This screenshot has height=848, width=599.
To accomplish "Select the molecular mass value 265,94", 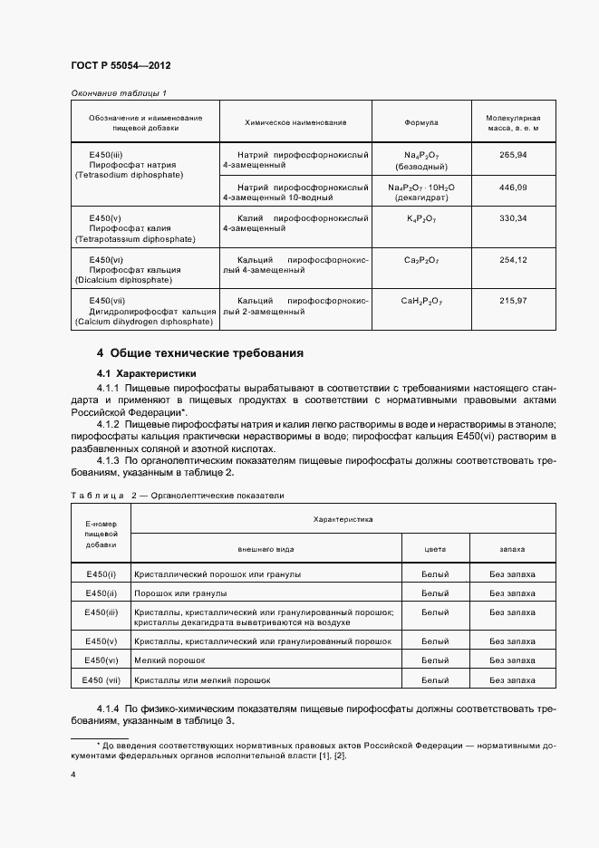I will click(x=513, y=155).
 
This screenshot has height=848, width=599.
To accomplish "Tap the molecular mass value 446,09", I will click(x=513, y=187).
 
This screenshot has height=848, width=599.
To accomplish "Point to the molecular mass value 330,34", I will click(x=513, y=218).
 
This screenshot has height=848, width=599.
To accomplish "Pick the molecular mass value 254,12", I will click(x=513, y=259).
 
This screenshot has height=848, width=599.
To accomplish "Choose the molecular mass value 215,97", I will click(x=513, y=300).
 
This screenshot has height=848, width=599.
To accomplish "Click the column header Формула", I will click(x=420, y=122).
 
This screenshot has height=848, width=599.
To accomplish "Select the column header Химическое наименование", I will click(x=295, y=122).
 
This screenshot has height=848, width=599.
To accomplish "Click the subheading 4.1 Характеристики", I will click(x=146, y=373).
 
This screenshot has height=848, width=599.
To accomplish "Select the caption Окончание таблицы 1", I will click(x=118, y=93).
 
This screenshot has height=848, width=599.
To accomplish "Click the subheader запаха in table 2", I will click(x=512, y=549).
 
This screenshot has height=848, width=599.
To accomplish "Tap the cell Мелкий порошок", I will click(x=170, y=660).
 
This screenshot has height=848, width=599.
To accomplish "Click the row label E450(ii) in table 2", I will click(x=101, y=593).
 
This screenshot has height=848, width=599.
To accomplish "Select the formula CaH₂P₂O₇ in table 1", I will click(x=421, y=300).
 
